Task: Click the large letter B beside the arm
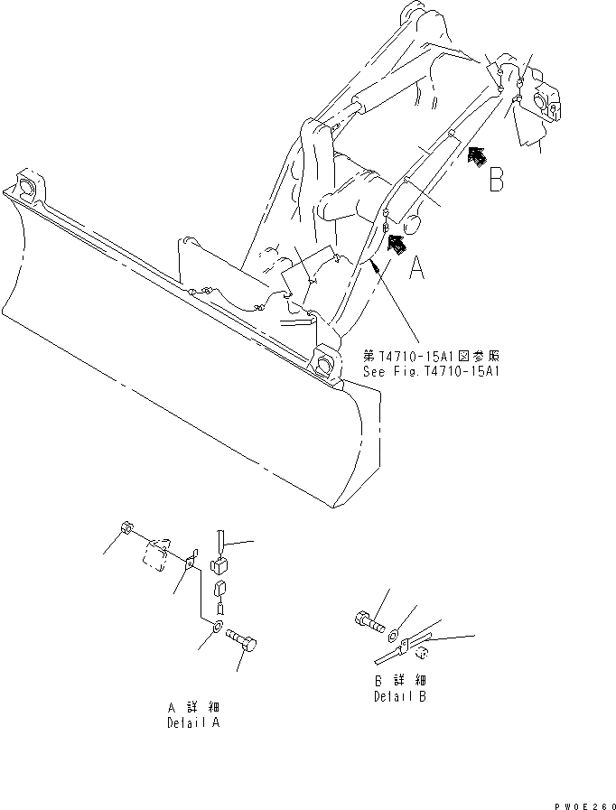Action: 496,180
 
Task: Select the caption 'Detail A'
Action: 192,723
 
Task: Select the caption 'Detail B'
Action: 400,696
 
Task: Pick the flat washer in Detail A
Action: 218,626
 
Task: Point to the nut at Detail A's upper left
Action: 127,530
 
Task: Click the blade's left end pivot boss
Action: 26,188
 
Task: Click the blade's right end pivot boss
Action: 324,365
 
